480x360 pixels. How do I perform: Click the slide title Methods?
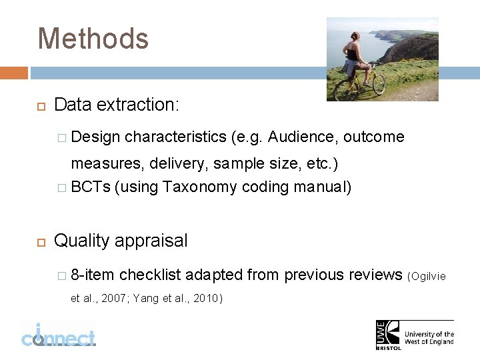coord(93,39)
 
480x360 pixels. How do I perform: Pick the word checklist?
coord(150,275)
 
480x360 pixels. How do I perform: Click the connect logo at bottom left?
coord(58,335)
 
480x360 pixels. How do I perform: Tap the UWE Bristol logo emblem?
coord(388,333)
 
